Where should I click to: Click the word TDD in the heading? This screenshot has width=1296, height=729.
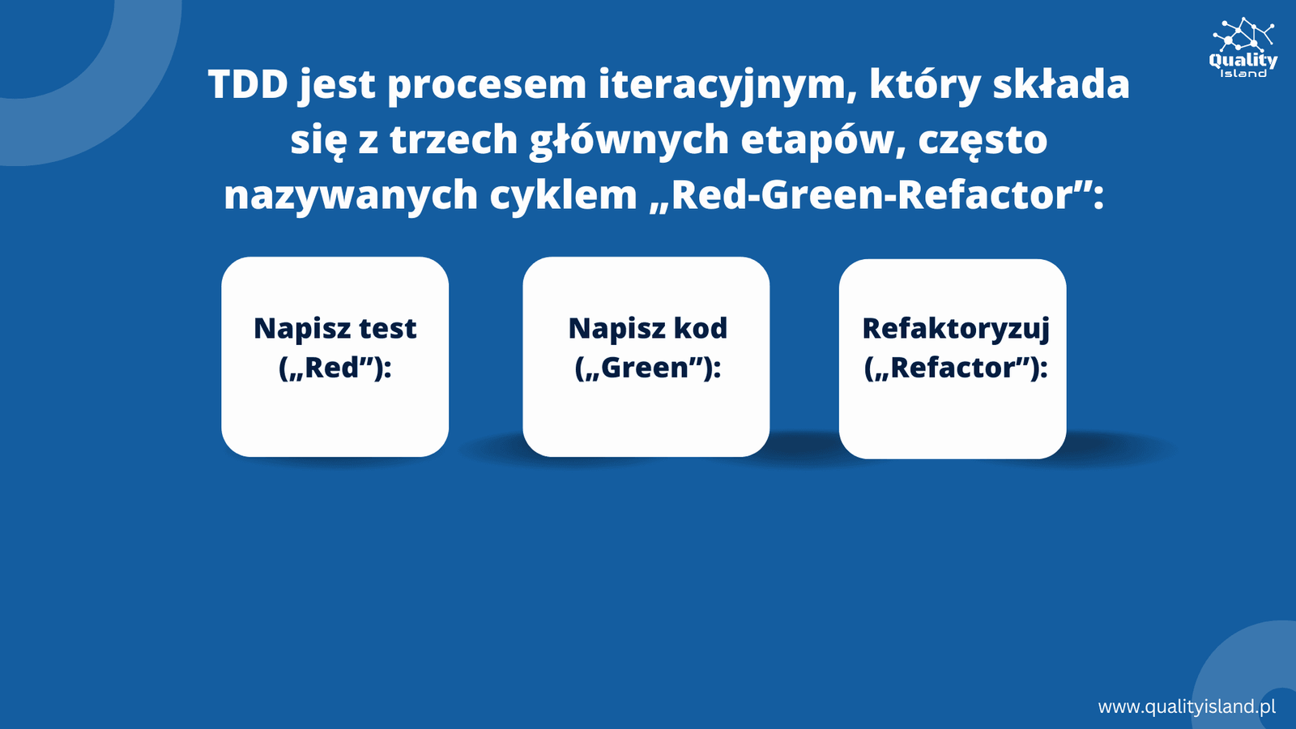(x=248, y=84)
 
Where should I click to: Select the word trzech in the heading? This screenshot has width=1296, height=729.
(x=454, y=140)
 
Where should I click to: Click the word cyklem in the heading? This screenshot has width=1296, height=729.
(x=563, y=195)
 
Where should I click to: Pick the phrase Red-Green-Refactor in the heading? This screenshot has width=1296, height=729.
(x=872, y=195)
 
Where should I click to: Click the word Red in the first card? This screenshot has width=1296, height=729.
(x=331, y=368)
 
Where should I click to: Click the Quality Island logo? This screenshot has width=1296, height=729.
(x=1243, y=48)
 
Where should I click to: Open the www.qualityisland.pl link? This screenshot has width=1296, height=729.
(x=1187, y=707)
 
